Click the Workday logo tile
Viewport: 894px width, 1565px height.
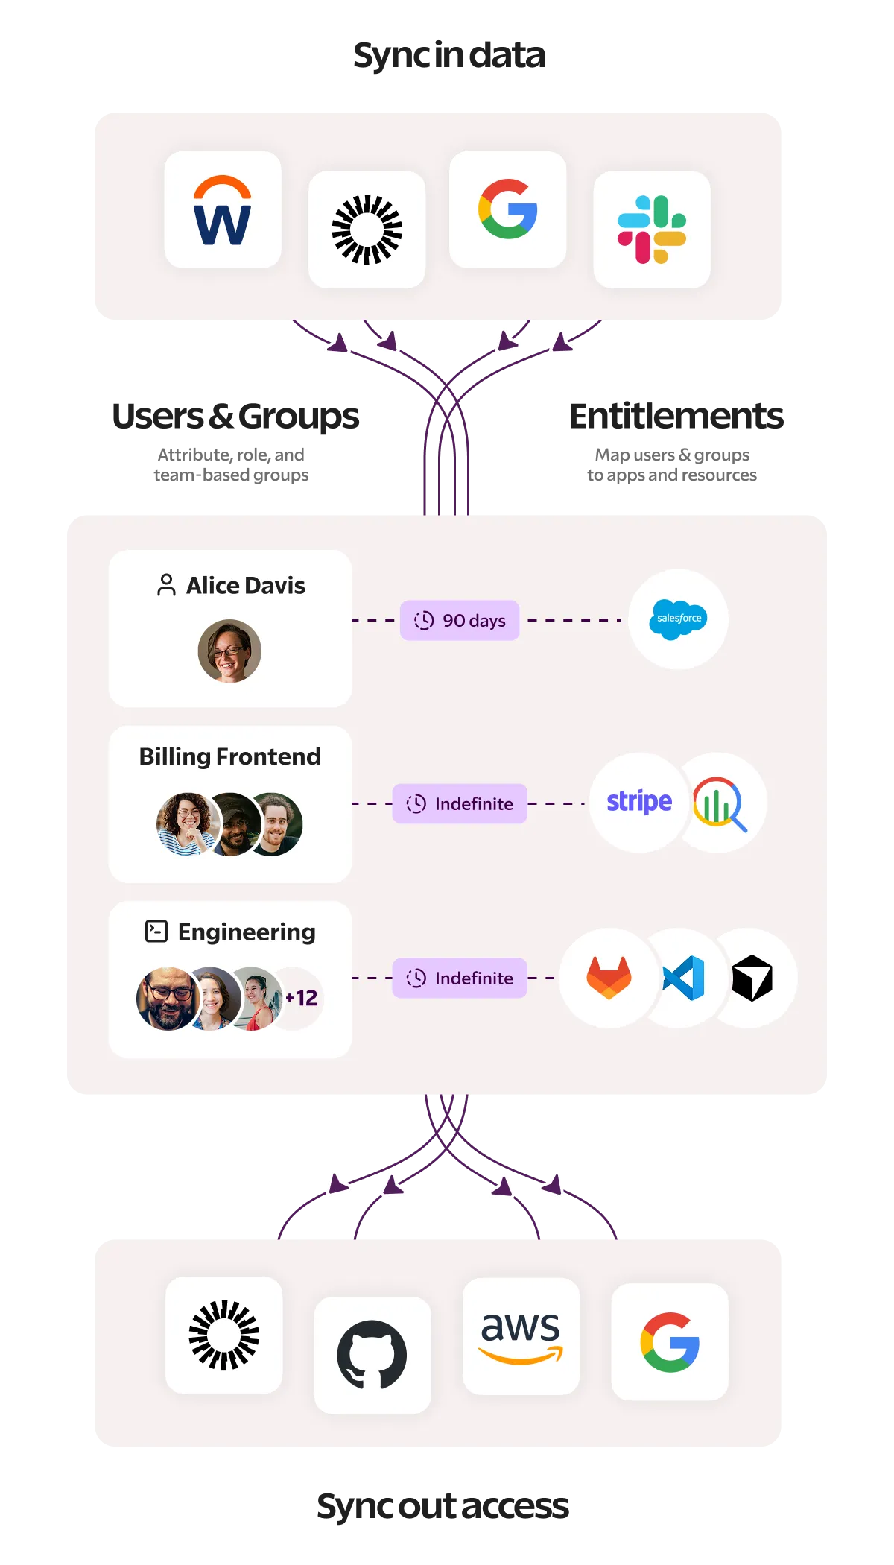click(223, 209)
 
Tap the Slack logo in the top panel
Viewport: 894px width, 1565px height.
click(652, 230)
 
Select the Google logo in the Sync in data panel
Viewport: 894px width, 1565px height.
click(508, 209)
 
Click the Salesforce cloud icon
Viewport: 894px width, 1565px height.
click(678, 619)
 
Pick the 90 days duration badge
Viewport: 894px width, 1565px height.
click(460, 620)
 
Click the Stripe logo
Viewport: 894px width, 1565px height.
click(639, 802)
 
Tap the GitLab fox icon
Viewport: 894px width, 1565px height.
click(609, 978)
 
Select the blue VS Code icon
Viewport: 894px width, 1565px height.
click(683, 978)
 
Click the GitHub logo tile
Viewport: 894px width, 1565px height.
click(372, 1355)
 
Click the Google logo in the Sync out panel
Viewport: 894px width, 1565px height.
click(670, 1342)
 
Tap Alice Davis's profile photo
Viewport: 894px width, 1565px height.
click(229, 651)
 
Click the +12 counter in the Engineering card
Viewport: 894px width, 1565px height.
click(302, 998)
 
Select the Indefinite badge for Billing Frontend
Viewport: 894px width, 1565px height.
click(460, 803)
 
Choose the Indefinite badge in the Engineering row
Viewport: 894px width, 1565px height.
click(460, 978)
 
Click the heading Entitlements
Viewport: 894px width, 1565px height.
click(676, 416)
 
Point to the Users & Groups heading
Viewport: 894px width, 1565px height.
click(235, 417)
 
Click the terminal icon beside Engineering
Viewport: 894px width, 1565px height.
click(156, 932)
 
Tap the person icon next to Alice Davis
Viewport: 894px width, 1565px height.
click(167, 585)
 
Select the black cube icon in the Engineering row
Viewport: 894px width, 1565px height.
click(752, 978)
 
